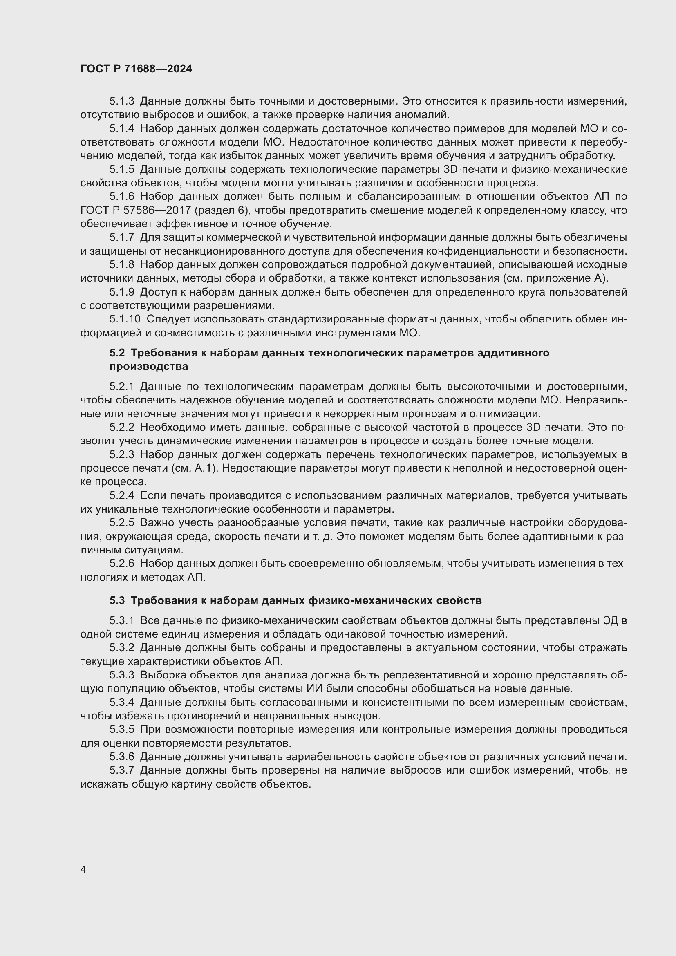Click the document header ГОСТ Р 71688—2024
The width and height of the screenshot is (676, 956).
(136, 69)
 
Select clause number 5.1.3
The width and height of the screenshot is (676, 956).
(121, 101)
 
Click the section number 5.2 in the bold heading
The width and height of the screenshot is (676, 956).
(117, 353)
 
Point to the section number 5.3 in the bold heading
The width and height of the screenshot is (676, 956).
(117, 600)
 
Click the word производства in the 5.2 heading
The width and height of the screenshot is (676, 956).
(149, 366)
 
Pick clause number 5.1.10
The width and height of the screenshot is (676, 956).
(125, 319)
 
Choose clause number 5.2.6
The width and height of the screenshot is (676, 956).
(121, 563)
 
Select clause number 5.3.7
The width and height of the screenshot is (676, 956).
(121, 770)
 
